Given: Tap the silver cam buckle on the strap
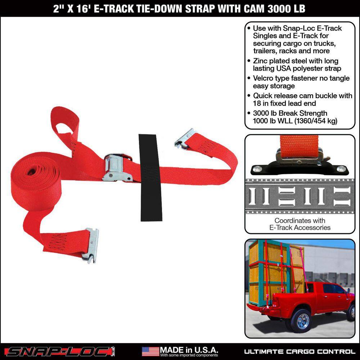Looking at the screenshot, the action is (x=117, y=168).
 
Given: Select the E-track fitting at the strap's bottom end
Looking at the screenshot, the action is (x=91, y=245).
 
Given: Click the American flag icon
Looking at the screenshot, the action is (x=150, y=351).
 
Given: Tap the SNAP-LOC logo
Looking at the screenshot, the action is (x=60, y=351).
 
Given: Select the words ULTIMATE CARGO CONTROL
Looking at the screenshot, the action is (x=300, y=351).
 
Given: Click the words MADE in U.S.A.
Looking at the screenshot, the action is (x=189, y=350).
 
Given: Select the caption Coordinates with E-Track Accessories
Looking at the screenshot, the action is (x=300, y=224).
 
